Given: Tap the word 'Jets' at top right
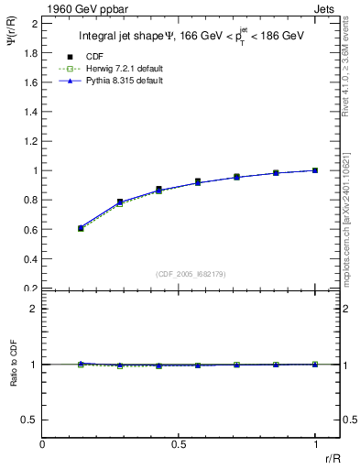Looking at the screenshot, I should point(326,8).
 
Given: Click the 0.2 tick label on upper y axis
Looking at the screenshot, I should point(30,288).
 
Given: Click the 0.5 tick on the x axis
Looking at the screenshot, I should point(180,444).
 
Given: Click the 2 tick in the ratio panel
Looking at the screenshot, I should point(34,309).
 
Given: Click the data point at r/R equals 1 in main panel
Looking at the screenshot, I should point(316,170).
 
